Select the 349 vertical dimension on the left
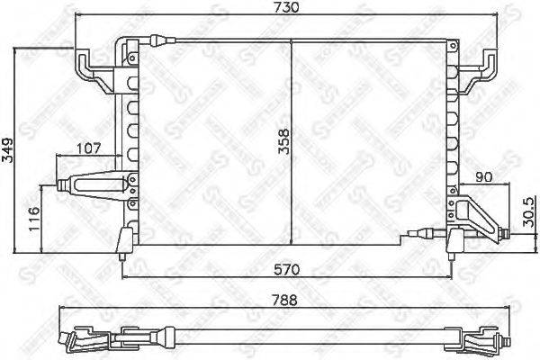8,148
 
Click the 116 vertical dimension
33,218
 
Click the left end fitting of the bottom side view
77,343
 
